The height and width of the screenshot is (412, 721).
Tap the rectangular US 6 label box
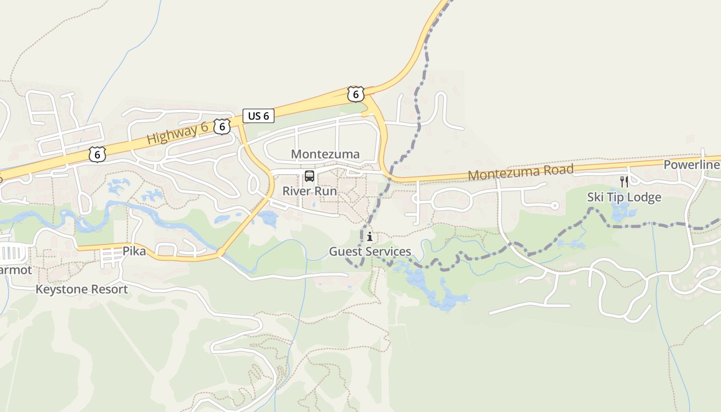(259, 116)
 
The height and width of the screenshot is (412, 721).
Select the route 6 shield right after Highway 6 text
(222, 126)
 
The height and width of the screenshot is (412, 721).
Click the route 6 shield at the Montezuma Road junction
(355, 94)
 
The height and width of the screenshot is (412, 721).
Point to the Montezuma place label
(325, 154)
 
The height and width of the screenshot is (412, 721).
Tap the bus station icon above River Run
(309, 176)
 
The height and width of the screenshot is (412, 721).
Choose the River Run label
(310, 191)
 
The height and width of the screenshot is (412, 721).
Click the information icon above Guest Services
(370, 237)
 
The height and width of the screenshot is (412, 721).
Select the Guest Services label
(370, 252)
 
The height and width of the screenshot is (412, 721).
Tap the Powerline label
(691, 165)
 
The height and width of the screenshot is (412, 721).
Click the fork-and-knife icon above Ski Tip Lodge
(624, 181)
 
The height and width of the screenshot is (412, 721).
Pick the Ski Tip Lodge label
(624, 197)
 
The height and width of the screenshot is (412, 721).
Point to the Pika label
(134, 252)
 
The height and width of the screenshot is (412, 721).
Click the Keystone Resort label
(81, 289)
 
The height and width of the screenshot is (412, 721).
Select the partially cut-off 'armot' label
(15, 270)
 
